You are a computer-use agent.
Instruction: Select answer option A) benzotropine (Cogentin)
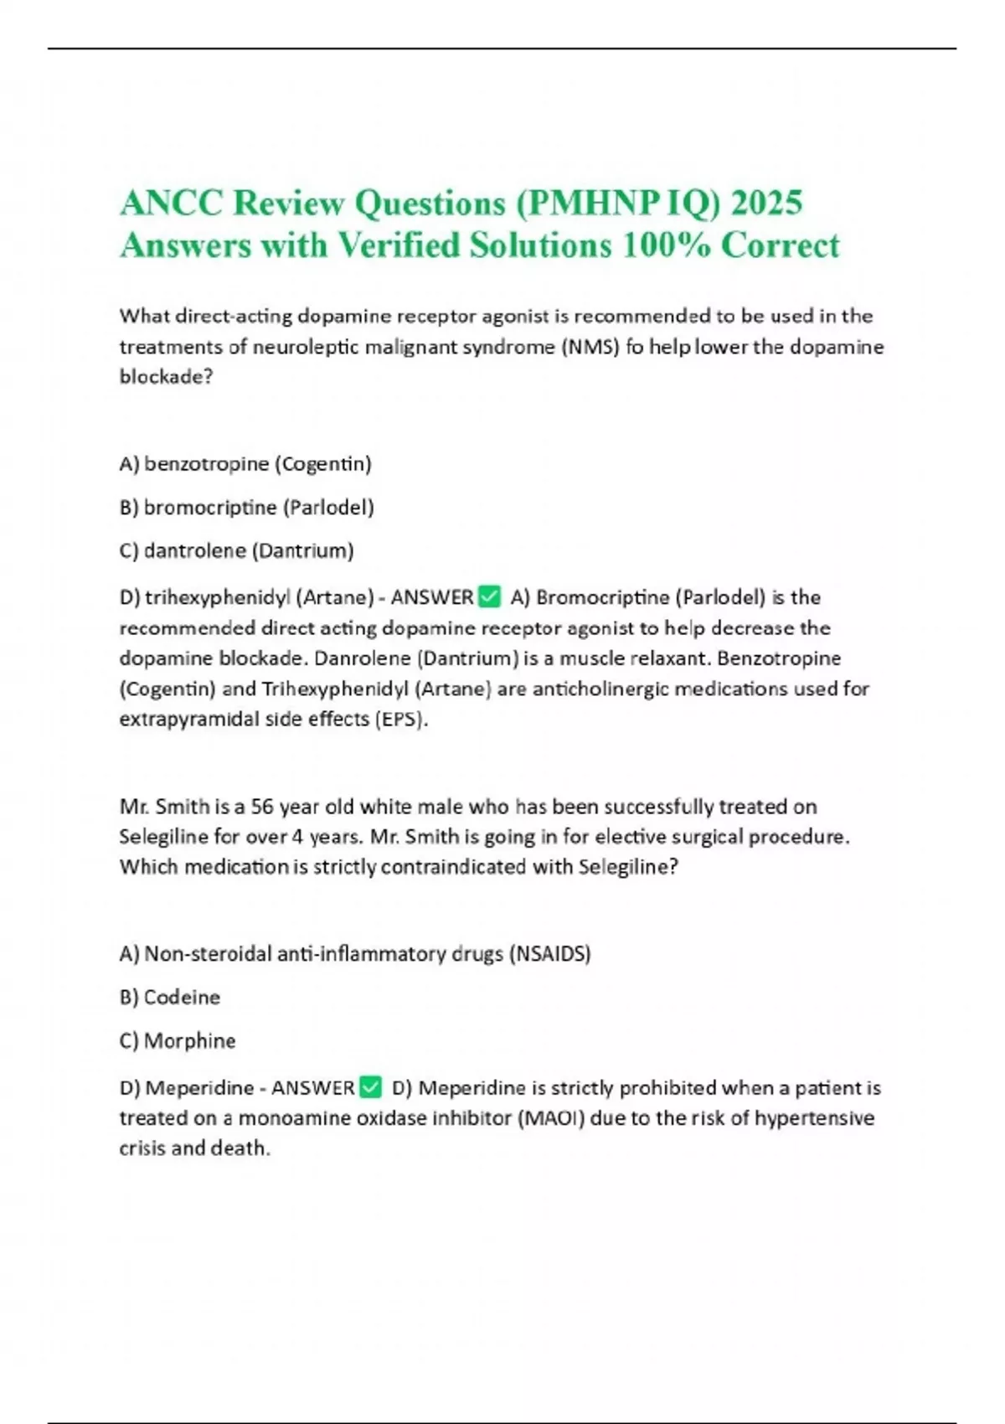[x=245, y=463]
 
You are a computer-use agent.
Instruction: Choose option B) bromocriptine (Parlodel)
[x=246, y=507]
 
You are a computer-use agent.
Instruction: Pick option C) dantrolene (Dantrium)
[x=236, y=550]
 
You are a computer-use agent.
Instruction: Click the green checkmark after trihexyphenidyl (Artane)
[x=488, y=596]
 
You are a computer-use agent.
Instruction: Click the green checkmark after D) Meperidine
[x=370, y=1087]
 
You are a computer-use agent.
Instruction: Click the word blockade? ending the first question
[x=166, y=377]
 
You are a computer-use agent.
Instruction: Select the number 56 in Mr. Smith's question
[x=262, y=807]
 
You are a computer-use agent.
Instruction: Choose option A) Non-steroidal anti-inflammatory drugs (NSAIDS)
[x=355, y=953]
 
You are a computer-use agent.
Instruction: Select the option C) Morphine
[x=177, y=1040]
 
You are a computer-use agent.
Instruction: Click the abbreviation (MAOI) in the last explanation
[x=554, y=1117]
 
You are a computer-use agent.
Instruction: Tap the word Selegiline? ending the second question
[x=628, y=866]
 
